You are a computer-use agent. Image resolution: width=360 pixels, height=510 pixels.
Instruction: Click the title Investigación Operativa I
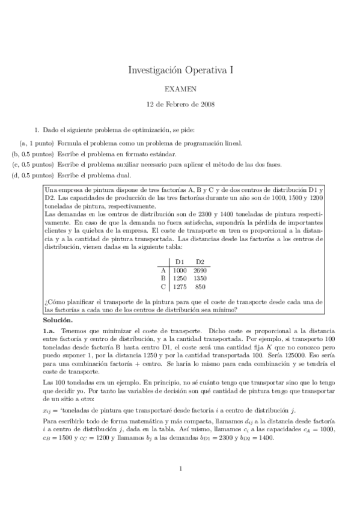(180, 70)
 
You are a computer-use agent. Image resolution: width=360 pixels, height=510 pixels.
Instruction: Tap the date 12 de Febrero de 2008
(180, 103)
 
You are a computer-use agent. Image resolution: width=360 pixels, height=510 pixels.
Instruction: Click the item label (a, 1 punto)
(37, 143)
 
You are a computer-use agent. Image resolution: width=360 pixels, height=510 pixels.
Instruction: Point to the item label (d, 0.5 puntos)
(32, 175)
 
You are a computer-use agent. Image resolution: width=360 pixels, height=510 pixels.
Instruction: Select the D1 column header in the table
(180, 262)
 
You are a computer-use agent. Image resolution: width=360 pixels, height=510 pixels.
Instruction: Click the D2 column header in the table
(200, 262)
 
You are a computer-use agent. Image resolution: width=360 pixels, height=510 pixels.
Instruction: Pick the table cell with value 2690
(200, 270)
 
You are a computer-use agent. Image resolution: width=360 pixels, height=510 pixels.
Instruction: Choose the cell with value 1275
(180, 287)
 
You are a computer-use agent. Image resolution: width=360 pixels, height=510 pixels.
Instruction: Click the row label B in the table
(163, 278)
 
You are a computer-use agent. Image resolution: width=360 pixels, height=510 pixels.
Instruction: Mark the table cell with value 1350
(200, 278)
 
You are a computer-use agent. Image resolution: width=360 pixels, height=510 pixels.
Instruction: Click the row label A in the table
(163, 270)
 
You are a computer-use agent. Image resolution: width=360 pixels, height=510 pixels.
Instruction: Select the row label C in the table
(163, 287)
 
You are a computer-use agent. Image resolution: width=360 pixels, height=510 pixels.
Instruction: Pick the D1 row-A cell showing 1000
(180, 270)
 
